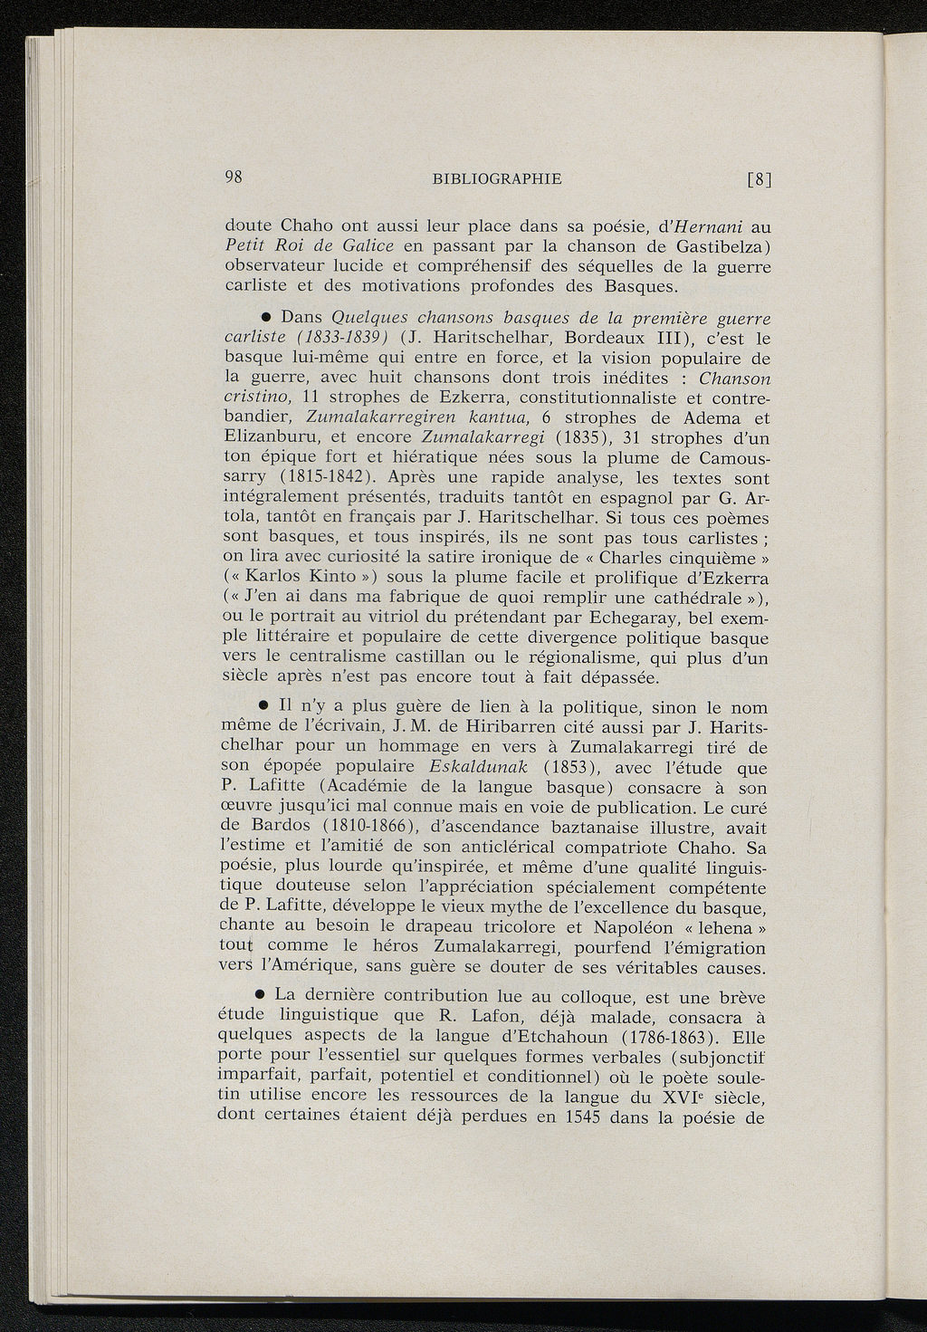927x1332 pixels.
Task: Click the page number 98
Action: (235, 177)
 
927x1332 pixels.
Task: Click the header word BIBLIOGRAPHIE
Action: (497, 178)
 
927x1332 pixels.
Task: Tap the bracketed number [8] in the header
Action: (758, 179)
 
